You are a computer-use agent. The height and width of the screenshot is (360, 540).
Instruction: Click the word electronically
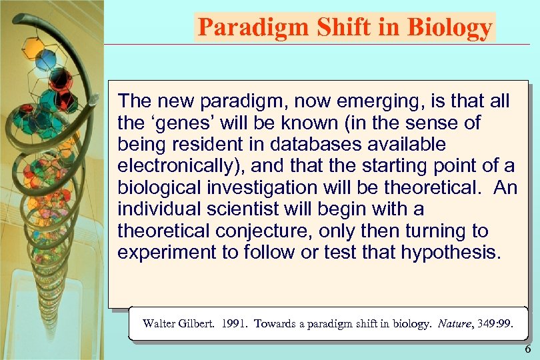point(178,166)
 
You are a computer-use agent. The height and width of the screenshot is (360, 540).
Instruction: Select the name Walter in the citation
point(159,324)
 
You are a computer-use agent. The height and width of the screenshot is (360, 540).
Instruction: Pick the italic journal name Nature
point(453,324)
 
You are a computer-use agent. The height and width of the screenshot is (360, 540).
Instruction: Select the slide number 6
point(528,350)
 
